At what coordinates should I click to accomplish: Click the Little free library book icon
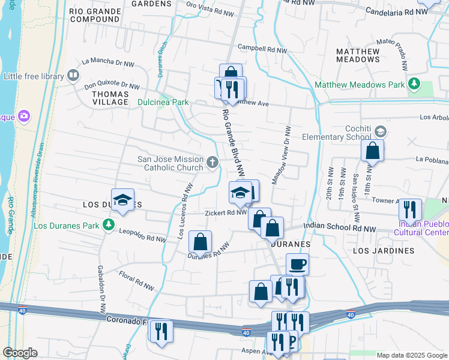pyautogui.click(x=73, y=76)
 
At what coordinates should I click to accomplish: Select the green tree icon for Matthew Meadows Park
pyautogui.click(x=413, y=84)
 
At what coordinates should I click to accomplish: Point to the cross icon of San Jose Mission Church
pyautogui.click(x=212, y=162)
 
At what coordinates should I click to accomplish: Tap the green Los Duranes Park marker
pyautogui.click(x=108, y=225)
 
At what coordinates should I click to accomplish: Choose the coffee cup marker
pyautogui.click(x=297, y=264)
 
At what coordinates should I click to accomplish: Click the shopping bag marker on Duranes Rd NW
pyautogui.click(x=200, y=242)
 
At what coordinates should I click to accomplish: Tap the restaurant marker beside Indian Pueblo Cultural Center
pyautogui.click(x=410, y=209)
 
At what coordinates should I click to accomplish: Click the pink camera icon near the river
pyautogui.click(x=25, y=115)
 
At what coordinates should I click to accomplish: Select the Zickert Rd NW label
pyautogui.click(x=225, y=212)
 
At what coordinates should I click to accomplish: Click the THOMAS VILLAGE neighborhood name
pyautogui.click(x=110, y=98)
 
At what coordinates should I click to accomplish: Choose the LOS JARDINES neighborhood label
pyautogui.click(x=384, y=250)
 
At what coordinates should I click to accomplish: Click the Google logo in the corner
pyautogui.click(x=19, y=353)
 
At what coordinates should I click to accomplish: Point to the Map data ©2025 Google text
pyautogui.click(x=412, y=355)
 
